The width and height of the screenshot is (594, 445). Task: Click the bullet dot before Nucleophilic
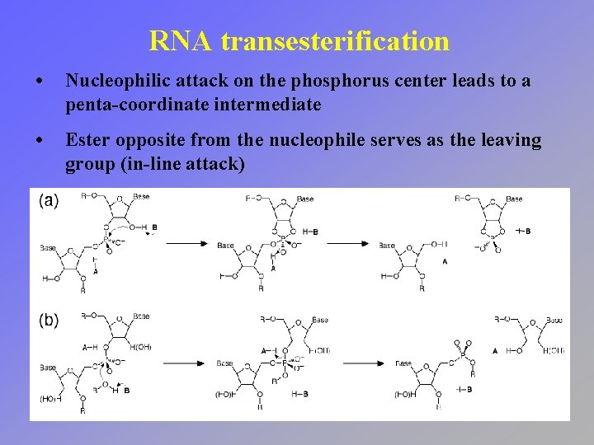[x=40, y=82]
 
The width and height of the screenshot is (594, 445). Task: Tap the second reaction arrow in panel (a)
[x=347, y=243]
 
